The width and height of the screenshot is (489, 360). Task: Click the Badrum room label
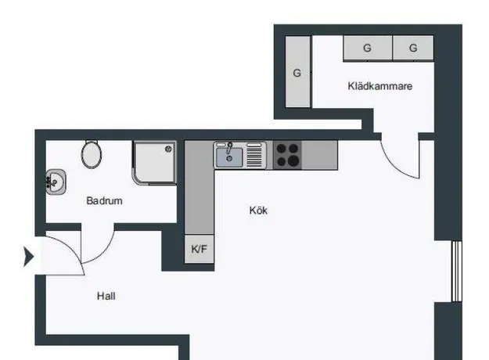point(104,200)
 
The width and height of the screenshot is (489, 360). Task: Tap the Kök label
point(258,211)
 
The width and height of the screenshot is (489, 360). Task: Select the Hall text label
point(106,296)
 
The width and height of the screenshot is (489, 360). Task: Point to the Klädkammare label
point(379,86)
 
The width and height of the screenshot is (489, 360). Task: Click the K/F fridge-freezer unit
point(200,249)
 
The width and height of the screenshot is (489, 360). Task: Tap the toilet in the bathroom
point(92,153)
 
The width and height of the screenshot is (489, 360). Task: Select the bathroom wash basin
point(56,182)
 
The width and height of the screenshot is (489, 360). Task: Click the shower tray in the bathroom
point(155,163)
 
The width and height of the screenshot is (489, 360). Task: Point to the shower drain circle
point(168,149)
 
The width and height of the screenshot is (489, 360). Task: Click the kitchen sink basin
point(229,157)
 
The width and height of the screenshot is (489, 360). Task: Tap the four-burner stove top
point(288,155)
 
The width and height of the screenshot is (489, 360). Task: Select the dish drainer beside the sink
point(254,156)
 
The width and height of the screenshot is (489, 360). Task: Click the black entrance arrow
point(29,257)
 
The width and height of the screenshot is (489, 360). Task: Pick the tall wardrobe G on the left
point(298,72)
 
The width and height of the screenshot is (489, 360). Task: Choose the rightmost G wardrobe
point(413,48)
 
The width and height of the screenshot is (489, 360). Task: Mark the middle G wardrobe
point(368,48)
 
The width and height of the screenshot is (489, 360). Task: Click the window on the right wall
point(457,271)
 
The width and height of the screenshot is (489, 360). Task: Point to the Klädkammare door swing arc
point(393,167)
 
